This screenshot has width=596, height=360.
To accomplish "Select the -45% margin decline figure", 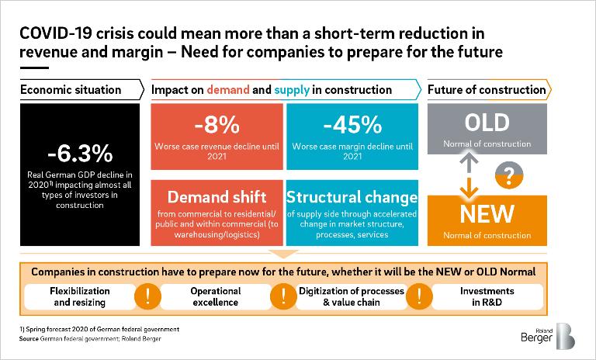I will [x=352, y=124].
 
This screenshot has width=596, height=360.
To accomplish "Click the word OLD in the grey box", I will [x=487, y=122].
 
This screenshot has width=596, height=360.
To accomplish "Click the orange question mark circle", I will [x=508, y=175].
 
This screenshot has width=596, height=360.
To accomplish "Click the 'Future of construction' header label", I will [x=487, y=89].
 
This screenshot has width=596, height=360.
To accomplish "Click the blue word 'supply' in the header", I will [x=293, y=89].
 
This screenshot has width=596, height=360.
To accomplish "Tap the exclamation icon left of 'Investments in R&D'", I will [x=419, y=296].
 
